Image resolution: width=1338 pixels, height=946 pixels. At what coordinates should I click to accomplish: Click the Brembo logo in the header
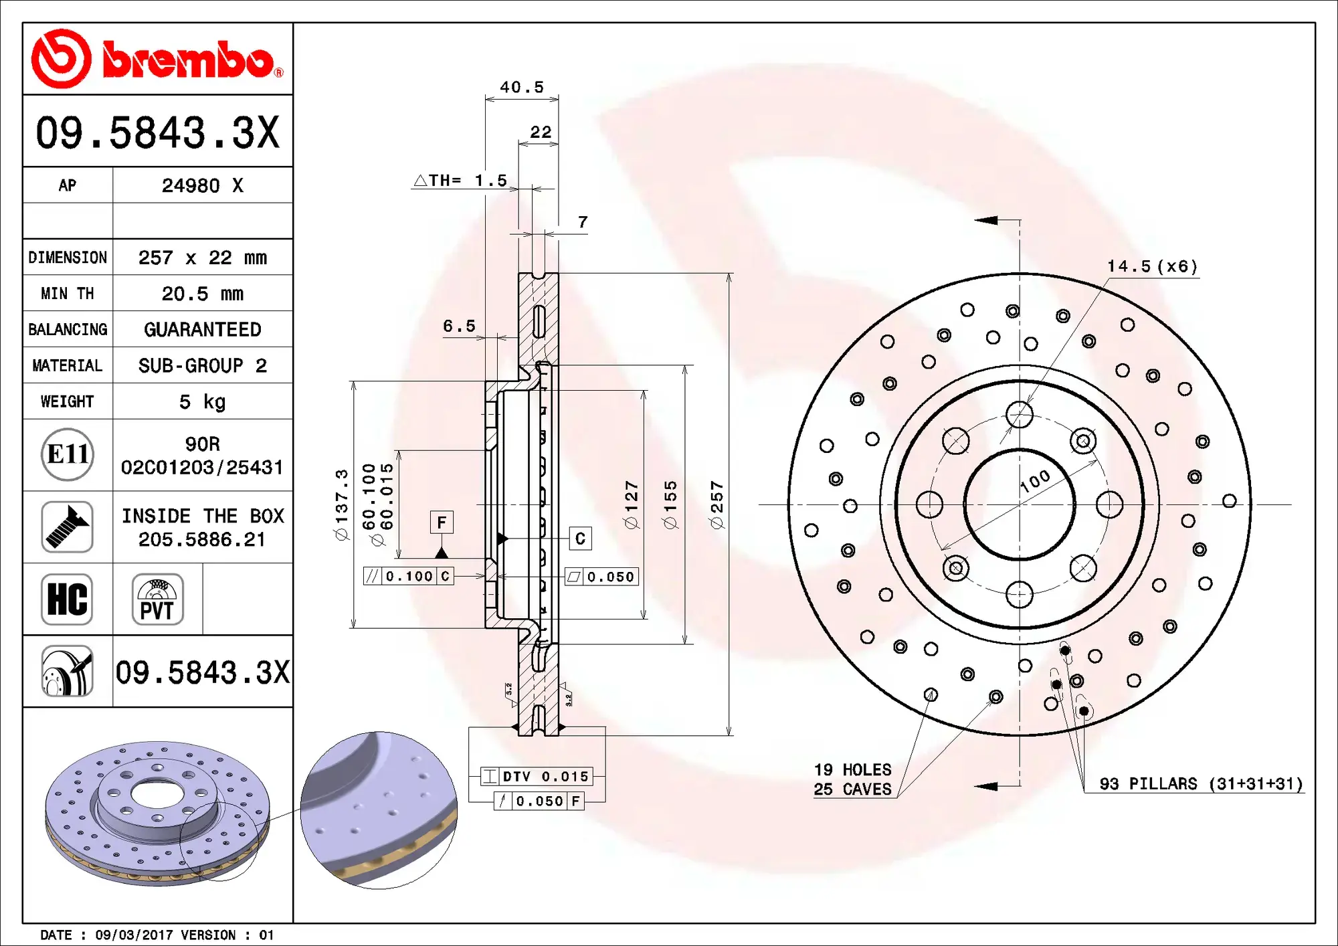click(157, 59)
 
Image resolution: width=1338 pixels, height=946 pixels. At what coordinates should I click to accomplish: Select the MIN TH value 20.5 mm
click(202, 294)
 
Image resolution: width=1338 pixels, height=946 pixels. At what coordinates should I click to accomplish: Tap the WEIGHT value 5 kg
click(202, 401)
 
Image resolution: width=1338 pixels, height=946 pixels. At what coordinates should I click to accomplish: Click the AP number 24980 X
click(202, 185)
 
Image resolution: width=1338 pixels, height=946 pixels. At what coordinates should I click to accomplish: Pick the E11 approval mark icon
click(67, 454)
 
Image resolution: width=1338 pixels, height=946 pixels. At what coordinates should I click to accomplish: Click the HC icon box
click(67, 599)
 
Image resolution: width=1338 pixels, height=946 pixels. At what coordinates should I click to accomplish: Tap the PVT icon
click(157, 599)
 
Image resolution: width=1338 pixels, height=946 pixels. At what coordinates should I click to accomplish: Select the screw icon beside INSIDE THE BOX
click(67, 527)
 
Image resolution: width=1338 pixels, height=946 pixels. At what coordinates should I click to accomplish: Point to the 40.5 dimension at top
click(522, 87)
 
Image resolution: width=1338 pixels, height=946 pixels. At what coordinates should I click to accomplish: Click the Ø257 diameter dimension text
click(717, 504)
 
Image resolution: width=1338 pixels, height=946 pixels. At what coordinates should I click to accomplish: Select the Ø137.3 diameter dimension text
click(342, 504)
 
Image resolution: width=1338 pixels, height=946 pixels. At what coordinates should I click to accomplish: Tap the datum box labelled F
click(442, 522)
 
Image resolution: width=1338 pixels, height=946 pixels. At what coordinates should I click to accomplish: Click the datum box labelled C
click(580, 538)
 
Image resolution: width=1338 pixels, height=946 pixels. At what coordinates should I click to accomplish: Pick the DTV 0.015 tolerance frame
click(537, 776)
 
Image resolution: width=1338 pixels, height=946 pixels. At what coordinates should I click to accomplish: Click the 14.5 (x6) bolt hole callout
click(1152, 266)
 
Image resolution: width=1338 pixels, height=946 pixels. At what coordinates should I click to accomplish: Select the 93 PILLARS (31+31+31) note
click(1202, 783)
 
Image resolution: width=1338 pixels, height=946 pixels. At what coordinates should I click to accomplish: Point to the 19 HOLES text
click(852, 769)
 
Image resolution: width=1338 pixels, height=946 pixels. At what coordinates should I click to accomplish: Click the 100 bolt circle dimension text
click(1036, 480)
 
